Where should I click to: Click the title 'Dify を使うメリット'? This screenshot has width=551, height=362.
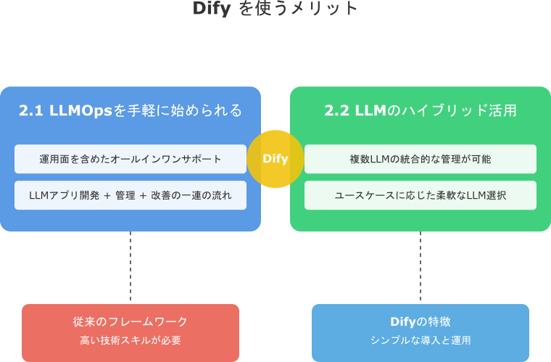(x=275, y=9)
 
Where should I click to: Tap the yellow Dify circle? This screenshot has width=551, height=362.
(x=275, y=159)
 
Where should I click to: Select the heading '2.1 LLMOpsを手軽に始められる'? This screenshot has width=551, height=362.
(x=130, y=111)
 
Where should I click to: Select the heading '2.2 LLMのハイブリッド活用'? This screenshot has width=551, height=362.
(x=420, y=111)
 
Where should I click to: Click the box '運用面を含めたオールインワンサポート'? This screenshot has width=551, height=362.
(x=130, y=159)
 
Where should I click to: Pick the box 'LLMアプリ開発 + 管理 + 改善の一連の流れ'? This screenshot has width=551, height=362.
(x=130, y=195)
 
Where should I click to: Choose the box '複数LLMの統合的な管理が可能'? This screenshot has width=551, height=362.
(x=420, y=159)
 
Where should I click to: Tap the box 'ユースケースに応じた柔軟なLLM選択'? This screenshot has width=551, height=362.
(x=420, y=195)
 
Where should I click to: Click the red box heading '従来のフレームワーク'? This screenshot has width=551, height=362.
(x=130, y=321)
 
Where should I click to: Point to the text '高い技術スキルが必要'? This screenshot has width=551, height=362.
(x=130, y=340)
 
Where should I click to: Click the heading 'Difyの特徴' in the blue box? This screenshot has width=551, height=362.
(x=420, y=321)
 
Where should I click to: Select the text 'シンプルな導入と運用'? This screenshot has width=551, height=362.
(x=420, y=340)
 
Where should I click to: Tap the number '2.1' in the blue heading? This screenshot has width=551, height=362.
(x=30, y=111)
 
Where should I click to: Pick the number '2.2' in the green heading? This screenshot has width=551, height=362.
(x=336, y=111)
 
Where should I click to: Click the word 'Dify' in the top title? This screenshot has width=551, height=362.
(x=212, y=9)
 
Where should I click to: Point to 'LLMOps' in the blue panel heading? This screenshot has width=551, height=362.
(x=79, y=111)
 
